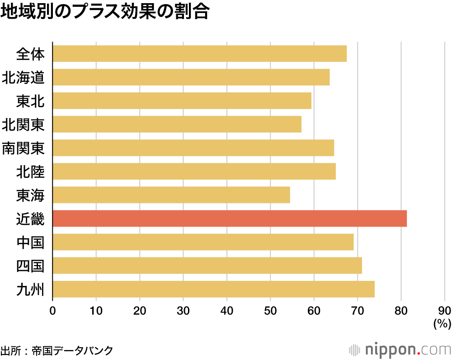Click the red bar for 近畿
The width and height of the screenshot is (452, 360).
(x=230, y=218)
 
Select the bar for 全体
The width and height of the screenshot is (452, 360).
(x=200, y=54)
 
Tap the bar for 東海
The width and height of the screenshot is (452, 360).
(x=171, y=195)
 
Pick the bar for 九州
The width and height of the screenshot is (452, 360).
(x=213, y=289)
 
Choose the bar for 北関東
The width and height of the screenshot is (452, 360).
(x=177, y=124)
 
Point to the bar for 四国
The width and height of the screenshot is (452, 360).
(x=207, y=265)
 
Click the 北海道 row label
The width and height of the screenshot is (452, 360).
(x=23, y=77)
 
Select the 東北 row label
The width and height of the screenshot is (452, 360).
(x=30, y=101)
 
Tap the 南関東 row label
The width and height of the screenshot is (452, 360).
(x=23, y=148)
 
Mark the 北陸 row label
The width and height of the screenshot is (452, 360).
(x=30, y=171)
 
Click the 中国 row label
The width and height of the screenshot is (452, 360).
(x=30, y=242)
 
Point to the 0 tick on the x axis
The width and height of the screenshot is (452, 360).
(x=53, y=311)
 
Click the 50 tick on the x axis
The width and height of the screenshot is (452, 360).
(x=270, y=311)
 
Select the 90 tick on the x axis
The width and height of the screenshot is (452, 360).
(x=444, y=311)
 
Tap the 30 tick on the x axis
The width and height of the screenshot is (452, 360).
(x=183, y=311)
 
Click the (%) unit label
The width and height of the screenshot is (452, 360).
(x=442, y=323)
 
